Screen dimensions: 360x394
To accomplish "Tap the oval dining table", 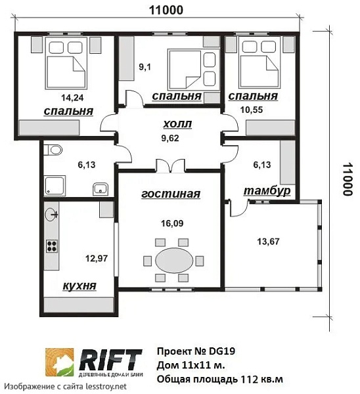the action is pyautogui.click(x=174, y=261).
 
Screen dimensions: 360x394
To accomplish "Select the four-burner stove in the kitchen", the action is pyautogui.click(x=52, y=246).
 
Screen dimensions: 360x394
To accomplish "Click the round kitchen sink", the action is pyautogui.click(x=51, y=215).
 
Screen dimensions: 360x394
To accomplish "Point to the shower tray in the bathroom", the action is pyautogui.click(x=55, y=186).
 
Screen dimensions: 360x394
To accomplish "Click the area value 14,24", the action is pyautogui.click(x=72, y=97).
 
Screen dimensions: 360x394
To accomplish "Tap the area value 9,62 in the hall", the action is pyautogui.click(x=170, y=138).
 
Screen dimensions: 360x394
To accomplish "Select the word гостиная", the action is pyautogui.click(x=171, y=194).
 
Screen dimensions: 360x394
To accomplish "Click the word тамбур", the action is pyautogui.click(x=267, y=190).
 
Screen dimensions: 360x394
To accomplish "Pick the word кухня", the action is pyautogui.click(x=79, y=286).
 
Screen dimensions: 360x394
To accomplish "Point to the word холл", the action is pyautogui.click(x=177, y=124).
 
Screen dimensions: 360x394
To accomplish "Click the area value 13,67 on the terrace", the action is pyautogui.click(x=268, y=242).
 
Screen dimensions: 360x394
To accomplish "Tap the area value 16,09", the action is pyautogui.click(x=172, y=223).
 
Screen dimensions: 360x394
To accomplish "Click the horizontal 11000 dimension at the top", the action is pyautogui.click(x=166, y=11).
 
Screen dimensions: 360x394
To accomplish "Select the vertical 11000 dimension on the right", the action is pyautogui.click(x=348, y=179).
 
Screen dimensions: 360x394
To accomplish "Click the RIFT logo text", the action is pyautogui.click(x=110, y=359).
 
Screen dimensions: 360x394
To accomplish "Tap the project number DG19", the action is pyautogui.click(x=222, y=351).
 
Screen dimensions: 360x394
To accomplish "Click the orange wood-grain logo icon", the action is pyautogui.click(x=60, y=362).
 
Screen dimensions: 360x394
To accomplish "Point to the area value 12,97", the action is pyautogui.click(x=97, y=258).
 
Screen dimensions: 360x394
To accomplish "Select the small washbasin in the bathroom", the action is pyautogui.click(x=101, y=189).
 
